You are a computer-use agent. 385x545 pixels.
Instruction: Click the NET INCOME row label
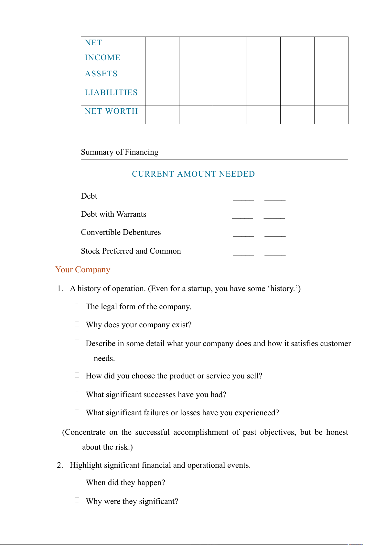[102, 50]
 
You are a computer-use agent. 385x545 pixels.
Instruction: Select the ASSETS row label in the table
[101, 74]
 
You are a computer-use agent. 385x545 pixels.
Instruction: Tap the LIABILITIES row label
[111, 93]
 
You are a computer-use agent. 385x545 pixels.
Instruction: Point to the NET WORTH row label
[111, 112]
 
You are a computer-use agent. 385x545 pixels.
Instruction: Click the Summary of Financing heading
[120, 152]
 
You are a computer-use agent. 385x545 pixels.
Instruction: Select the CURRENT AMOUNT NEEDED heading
[193, 174]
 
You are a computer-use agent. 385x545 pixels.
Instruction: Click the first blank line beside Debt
[243, 199]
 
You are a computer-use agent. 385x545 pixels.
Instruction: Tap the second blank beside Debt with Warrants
[274, 217]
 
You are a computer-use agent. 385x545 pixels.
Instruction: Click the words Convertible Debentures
[121, 233]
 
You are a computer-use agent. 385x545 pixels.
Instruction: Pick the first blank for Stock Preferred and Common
[243, 254]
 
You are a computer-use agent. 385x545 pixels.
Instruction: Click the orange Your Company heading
[83, 270]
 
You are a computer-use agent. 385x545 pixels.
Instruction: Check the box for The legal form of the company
[77, 306]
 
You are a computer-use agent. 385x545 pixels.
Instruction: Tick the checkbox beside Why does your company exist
[77, 324]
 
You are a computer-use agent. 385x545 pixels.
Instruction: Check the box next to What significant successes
[77, 394]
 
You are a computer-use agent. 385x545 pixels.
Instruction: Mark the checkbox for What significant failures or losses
[77, 412]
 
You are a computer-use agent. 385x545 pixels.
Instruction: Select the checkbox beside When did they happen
[77, 482]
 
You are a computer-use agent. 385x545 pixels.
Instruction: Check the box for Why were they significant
[77, 500]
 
